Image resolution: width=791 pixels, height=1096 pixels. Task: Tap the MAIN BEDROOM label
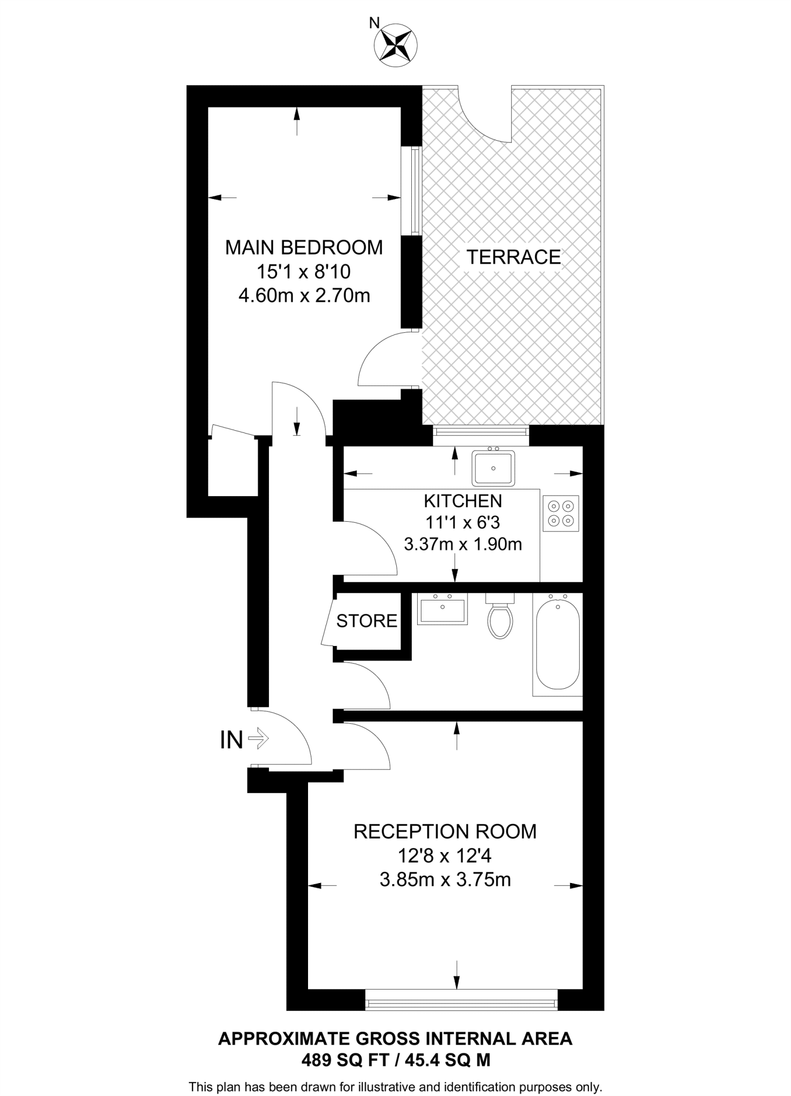pyautogui.click(x=303, y=248)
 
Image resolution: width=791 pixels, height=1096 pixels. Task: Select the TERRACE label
pyautogui.click(x=513, y=257)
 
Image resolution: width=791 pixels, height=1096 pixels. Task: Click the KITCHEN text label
pyautogui.click(x=463, y=501)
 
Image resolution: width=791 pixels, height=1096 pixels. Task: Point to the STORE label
pyautogui.click(x=366, y=621)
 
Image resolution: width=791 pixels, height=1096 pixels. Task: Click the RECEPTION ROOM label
pyautogui.click(x=445, y=832)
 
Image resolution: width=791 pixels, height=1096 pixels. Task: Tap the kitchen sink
pyautogui.click(x=493, y=468)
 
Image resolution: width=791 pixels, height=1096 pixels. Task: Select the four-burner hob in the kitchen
pyautogui.click(x=560, y=513)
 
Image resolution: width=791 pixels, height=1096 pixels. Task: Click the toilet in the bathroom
pyautogui.click(x=501, y=618)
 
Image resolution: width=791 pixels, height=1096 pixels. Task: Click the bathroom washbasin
pyautogui.click(x=442, y=610)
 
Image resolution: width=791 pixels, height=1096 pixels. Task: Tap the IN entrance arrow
pyautogui.click(x=258, y=740)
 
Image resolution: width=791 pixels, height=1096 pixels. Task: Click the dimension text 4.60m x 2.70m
pyautogui.click(x=304, y=295)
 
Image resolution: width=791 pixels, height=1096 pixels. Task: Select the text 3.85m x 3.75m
pyautogui.click(x=445, y=879)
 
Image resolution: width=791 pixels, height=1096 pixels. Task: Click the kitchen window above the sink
pyautogui.click(x=480, y=431)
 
